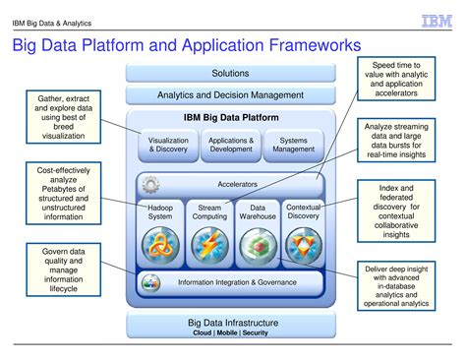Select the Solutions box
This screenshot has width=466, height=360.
click(231, 73)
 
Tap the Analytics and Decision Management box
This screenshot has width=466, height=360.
click(231, 94)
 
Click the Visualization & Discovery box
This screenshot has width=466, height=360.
click(168, 146)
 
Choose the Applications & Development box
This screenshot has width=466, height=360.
click(231, 146)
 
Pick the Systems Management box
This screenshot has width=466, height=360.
click(292, 146)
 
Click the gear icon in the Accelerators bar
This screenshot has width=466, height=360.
click(151, 184)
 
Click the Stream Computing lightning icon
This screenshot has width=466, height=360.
click(208, 243)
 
